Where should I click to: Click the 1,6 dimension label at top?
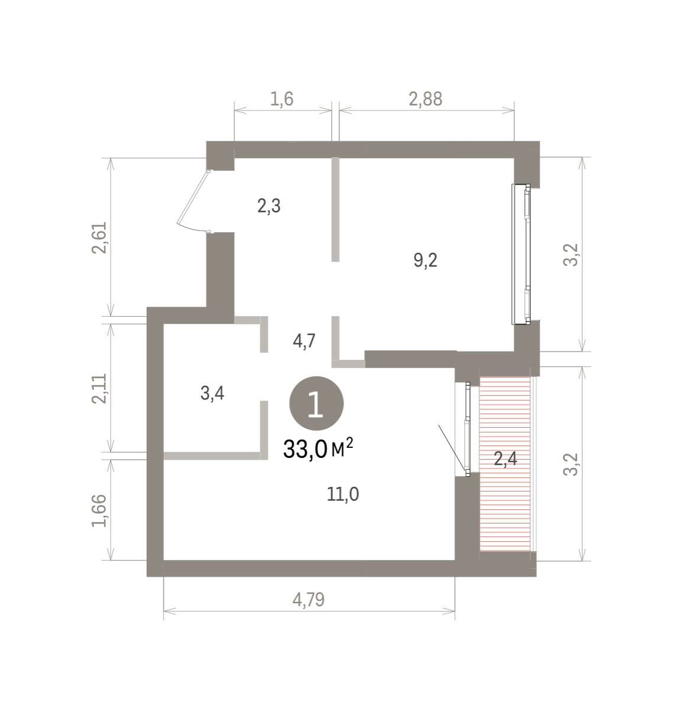pos(281,99)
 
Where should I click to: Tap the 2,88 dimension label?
pos(426,99)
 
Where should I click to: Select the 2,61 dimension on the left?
pos(99,238)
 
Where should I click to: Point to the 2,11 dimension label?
pos(99,388)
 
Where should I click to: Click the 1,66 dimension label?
pos(99,510)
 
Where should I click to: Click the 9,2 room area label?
pos(426,261)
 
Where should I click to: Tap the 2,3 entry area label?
pos(269,206)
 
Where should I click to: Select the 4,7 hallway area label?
pos(304,342)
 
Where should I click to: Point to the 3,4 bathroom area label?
pos(212,393)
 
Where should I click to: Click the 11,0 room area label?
pos(343,495)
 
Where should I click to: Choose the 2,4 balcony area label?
pos(506,458)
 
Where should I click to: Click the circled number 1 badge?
pos(316,404)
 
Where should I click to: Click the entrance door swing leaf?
pos(192,201)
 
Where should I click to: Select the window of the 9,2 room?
pos(521,254)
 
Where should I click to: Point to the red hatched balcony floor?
pos(504,464)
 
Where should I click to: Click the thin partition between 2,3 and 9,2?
pos(335,209)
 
